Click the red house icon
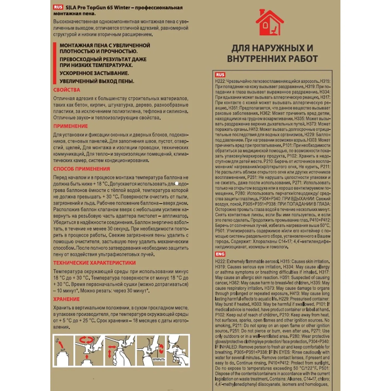[269, 23]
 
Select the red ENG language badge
[220, 254]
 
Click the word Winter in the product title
[122, 8]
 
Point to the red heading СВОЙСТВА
[67, 90]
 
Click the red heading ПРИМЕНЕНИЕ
[71, 126]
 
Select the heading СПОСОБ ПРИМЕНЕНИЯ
[82, 169]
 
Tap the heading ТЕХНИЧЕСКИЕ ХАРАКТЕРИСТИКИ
[94, 263]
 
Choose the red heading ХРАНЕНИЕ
[66, 299]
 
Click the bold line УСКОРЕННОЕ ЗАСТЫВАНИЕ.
[94, 73]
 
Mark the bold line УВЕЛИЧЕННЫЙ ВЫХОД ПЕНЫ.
[97, 81]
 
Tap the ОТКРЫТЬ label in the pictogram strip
[159, 359]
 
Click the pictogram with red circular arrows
[89, 351]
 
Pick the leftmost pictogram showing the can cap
[63, 351]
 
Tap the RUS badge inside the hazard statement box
[220, 75]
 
